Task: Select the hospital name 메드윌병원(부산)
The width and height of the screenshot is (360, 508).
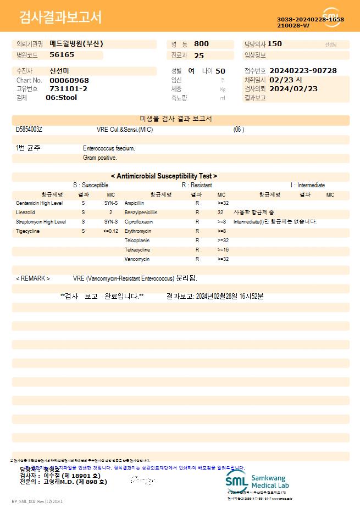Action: coord(76,43)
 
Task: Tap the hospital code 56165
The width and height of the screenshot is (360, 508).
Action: coord(62,55)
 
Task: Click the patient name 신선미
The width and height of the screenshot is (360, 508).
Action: coord(59,71)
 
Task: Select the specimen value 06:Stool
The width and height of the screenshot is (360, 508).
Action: coord(61,98)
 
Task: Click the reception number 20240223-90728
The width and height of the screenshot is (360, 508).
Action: coord(303,71)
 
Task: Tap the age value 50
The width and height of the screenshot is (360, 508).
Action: coord(220,71)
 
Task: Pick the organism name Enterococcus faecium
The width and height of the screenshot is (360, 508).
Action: coord(109,148)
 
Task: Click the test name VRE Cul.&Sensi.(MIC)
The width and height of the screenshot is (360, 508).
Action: coord(124,130)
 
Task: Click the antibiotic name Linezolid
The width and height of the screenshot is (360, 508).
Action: coord(25,212)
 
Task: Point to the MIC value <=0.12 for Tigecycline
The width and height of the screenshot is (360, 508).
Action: coord(110,231)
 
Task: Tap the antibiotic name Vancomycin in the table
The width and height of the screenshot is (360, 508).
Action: coord(137,259)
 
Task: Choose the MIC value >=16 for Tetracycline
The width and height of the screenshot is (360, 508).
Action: coord(223,250)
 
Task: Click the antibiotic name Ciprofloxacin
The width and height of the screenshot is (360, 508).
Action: coord(139,222)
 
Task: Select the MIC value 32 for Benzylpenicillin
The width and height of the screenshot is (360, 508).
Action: coord(220,212)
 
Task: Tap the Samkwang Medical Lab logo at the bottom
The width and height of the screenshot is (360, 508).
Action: coord(256,481)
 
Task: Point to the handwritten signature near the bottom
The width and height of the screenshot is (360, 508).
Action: coord(141,481)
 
